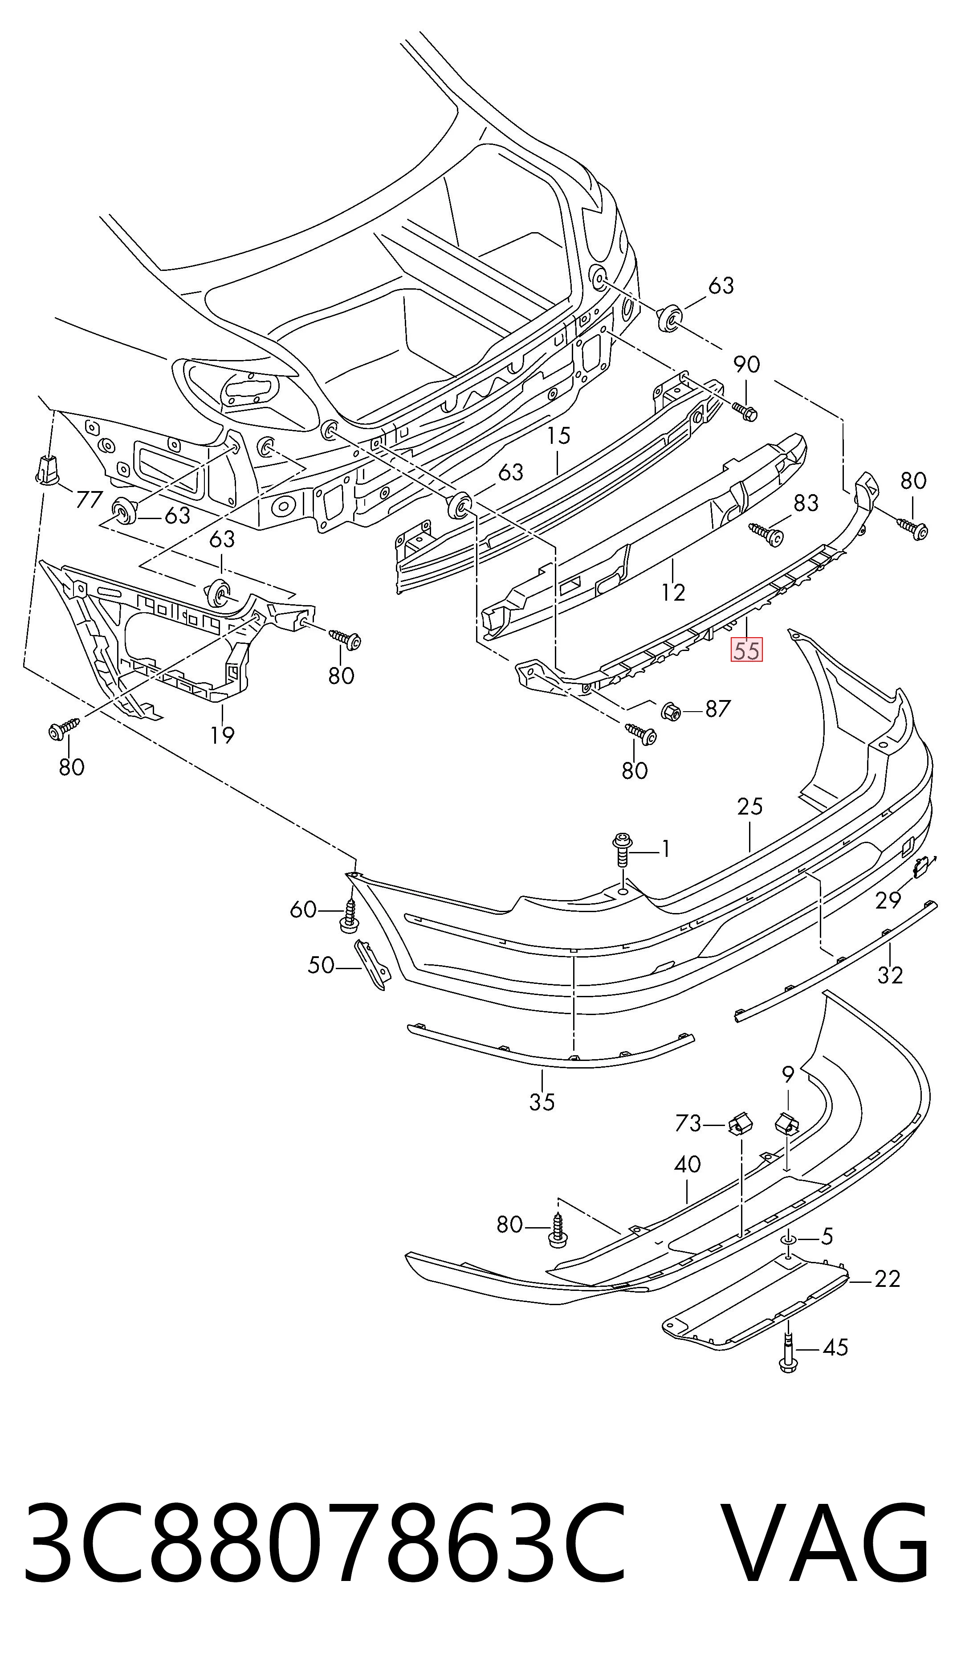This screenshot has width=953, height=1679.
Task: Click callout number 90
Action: [746, 364]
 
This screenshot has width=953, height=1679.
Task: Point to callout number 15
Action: [559, 435]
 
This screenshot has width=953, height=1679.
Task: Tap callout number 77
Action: [90, 500]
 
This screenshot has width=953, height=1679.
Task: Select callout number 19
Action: [223, 735]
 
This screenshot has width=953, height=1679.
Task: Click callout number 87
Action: [717, 708]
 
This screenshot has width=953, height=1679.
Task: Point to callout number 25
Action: [750, 806]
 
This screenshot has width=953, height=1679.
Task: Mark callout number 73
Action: [688, 1124]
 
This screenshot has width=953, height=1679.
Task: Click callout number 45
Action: [835, 1347]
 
